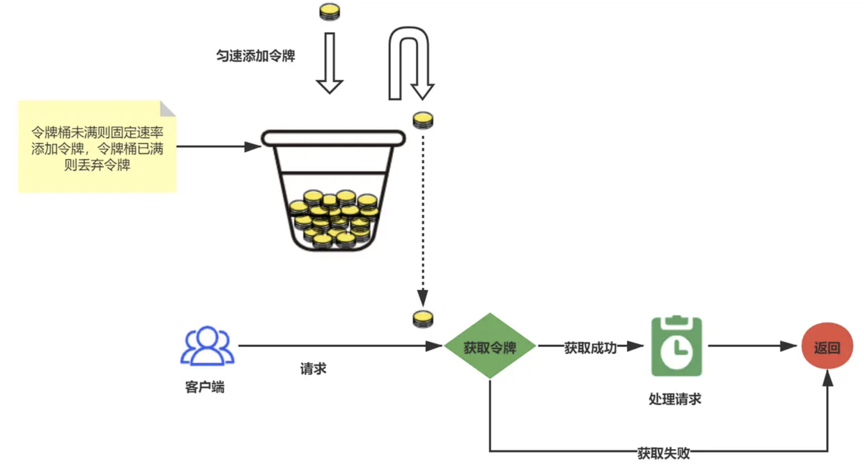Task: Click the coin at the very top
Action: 329,12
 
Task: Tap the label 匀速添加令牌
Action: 255,56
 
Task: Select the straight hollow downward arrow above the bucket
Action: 329,63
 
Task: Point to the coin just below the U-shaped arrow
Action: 422,120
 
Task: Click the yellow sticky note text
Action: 97,148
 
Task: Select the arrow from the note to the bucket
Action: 217,147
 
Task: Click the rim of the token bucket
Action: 333,138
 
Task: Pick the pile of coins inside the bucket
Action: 333,219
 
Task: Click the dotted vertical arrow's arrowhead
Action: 422,298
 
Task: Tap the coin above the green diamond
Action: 422,319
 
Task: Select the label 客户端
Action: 204,387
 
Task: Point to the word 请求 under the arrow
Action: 313,369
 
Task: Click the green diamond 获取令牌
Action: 490,347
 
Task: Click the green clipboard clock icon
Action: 676,346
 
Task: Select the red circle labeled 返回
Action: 827,346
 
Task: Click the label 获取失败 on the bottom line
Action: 663,453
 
